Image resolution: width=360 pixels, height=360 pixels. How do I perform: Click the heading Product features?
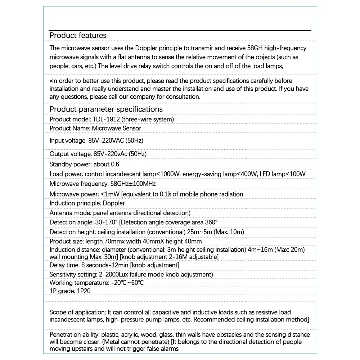pos(78,35)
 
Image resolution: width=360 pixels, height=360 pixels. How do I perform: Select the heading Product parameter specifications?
pos(106,109)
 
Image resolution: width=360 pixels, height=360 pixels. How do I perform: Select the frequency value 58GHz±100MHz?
pos(130,184)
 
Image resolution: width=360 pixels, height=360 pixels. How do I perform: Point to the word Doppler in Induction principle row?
pos(114,203)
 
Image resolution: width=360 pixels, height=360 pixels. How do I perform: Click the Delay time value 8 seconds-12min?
pos(104,265)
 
